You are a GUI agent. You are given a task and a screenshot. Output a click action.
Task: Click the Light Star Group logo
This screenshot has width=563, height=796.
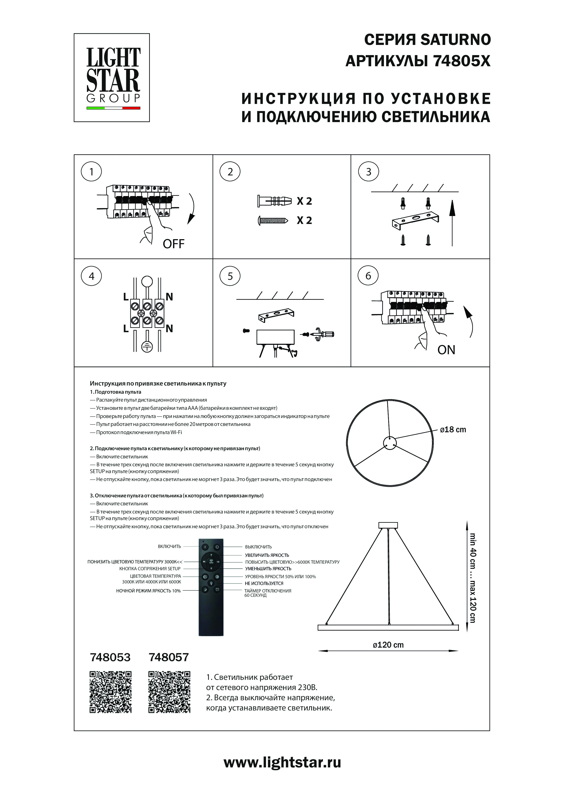point(112,78)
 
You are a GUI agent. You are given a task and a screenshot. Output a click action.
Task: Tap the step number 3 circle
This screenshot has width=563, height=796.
point(368,172)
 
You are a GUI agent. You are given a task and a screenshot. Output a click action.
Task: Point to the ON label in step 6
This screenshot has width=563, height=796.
point(446,350)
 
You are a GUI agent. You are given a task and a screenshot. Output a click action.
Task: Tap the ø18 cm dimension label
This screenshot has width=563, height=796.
point(453,430)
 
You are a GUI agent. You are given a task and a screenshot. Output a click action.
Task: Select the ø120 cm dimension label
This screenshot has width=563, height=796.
point(388,645)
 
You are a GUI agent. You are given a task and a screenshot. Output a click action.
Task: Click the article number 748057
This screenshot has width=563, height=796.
point(169,657)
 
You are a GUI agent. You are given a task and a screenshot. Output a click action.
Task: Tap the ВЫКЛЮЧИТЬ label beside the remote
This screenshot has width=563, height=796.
point(258,547)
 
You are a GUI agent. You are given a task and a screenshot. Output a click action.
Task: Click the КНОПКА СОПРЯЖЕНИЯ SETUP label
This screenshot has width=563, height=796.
point(150,569)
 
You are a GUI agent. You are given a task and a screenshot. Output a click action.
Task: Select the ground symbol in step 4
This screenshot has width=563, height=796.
point(147,346)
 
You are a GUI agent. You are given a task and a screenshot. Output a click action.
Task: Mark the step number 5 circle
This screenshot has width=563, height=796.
point(230,276)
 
